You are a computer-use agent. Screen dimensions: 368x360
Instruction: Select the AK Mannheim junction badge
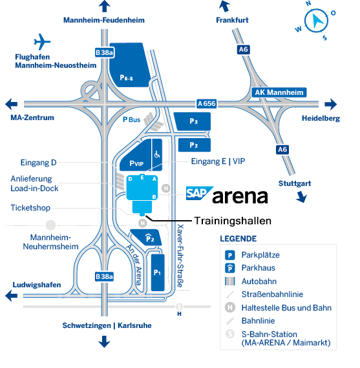[279, 92]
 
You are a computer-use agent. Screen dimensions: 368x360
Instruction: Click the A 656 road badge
[206, 103]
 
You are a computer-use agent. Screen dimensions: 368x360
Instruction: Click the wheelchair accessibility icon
[156, 155]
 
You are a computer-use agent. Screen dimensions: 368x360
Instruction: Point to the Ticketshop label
[30, 208]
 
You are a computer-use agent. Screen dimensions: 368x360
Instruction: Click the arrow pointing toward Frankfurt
[224, 7]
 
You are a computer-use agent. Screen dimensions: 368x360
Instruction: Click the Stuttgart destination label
[295, 183]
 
